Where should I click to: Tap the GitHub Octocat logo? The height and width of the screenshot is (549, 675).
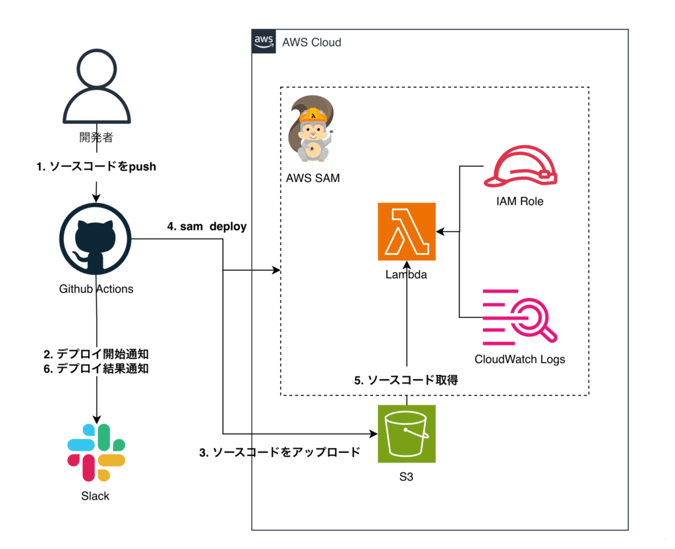pyautogui.click(x=96, y=239)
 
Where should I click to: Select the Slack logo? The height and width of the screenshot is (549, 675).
pyautogui.click(x=96, y=452)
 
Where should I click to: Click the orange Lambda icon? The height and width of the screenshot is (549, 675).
pyautogui.click(x=407, y=231)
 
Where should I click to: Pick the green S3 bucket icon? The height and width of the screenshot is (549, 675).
pyautogui.click(x=407, y=434)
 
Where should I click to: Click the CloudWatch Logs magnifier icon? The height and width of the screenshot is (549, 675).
pyautogui.click(x=519, y=318)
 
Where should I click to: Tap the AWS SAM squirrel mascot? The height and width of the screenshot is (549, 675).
pyautogui.click(x=313, y=129)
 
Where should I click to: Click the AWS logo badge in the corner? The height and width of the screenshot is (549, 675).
pyautogui.click(x=264, y=41)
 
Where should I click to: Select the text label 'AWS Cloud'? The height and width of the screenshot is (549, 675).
pyautogui.click(x=311, y=42)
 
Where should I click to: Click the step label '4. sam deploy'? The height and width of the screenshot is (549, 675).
pyautogui.click(x=206, y=227)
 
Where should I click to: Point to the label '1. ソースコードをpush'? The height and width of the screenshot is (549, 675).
pyautogui.click(x=96, y=167)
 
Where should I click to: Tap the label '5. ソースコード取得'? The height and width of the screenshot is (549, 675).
pyautogui.click(x=406, y=380)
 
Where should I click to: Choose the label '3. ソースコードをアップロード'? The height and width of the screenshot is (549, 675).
pyautogui.click(x=279, y=453)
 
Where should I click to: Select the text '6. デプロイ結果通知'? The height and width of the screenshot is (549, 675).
pyautogui.click(x=96, y=369)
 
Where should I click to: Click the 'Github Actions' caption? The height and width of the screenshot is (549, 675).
pyautogui.click(x=96, y=289)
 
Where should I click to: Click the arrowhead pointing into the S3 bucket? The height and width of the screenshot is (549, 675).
pyautogui.click(x=373, y=434)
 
